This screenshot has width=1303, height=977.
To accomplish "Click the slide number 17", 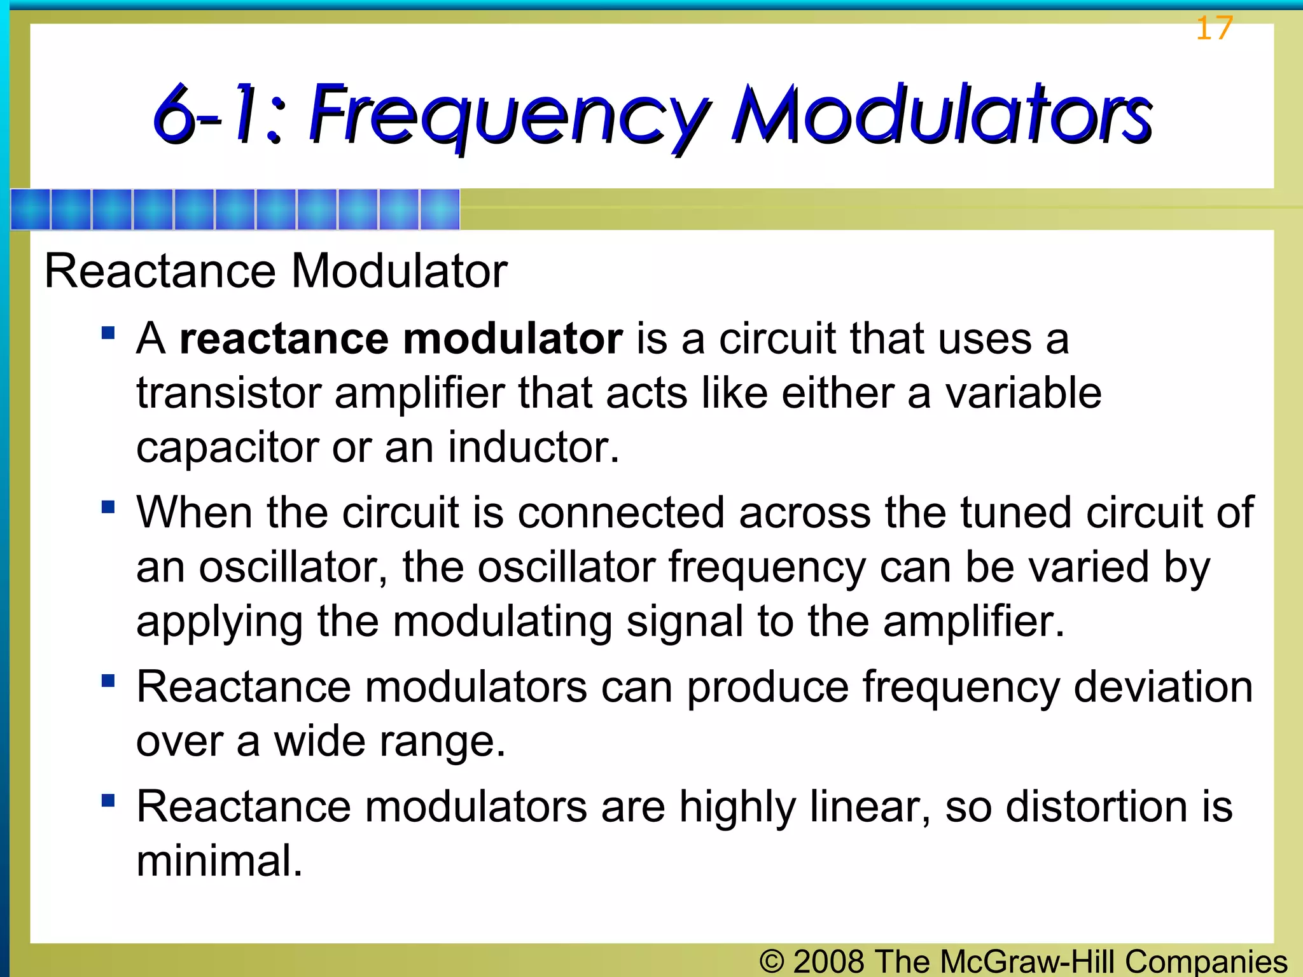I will pyautogui.click(x=1214, y=28).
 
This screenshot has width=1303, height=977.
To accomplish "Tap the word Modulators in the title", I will pyautogui.click(x=942, y=114).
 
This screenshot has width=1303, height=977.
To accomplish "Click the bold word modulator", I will pyautogui.click(x=513, y=338).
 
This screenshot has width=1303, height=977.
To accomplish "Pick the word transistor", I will pyautogui.click(x=228, y=393).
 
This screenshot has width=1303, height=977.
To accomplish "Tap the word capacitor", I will pyautogui.click(x=226, y=448).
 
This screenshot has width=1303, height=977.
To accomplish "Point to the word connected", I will pyautogui.click(x=621, y=513).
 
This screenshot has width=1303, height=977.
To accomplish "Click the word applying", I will pyautogui.click(x=219, y=622).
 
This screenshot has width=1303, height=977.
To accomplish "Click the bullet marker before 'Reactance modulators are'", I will pyautogui.click(x=108, y=800).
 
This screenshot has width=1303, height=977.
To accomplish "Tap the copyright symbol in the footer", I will pyautogui.click(x=771, y=961).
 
